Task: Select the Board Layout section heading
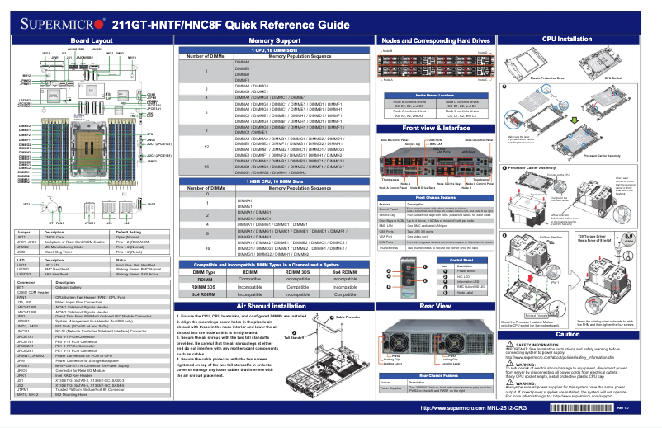(92, 40)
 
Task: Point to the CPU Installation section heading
(565, 39)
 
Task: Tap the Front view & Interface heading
(436, 129)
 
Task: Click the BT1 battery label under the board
(50, 222)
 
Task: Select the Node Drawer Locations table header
(436, 96)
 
